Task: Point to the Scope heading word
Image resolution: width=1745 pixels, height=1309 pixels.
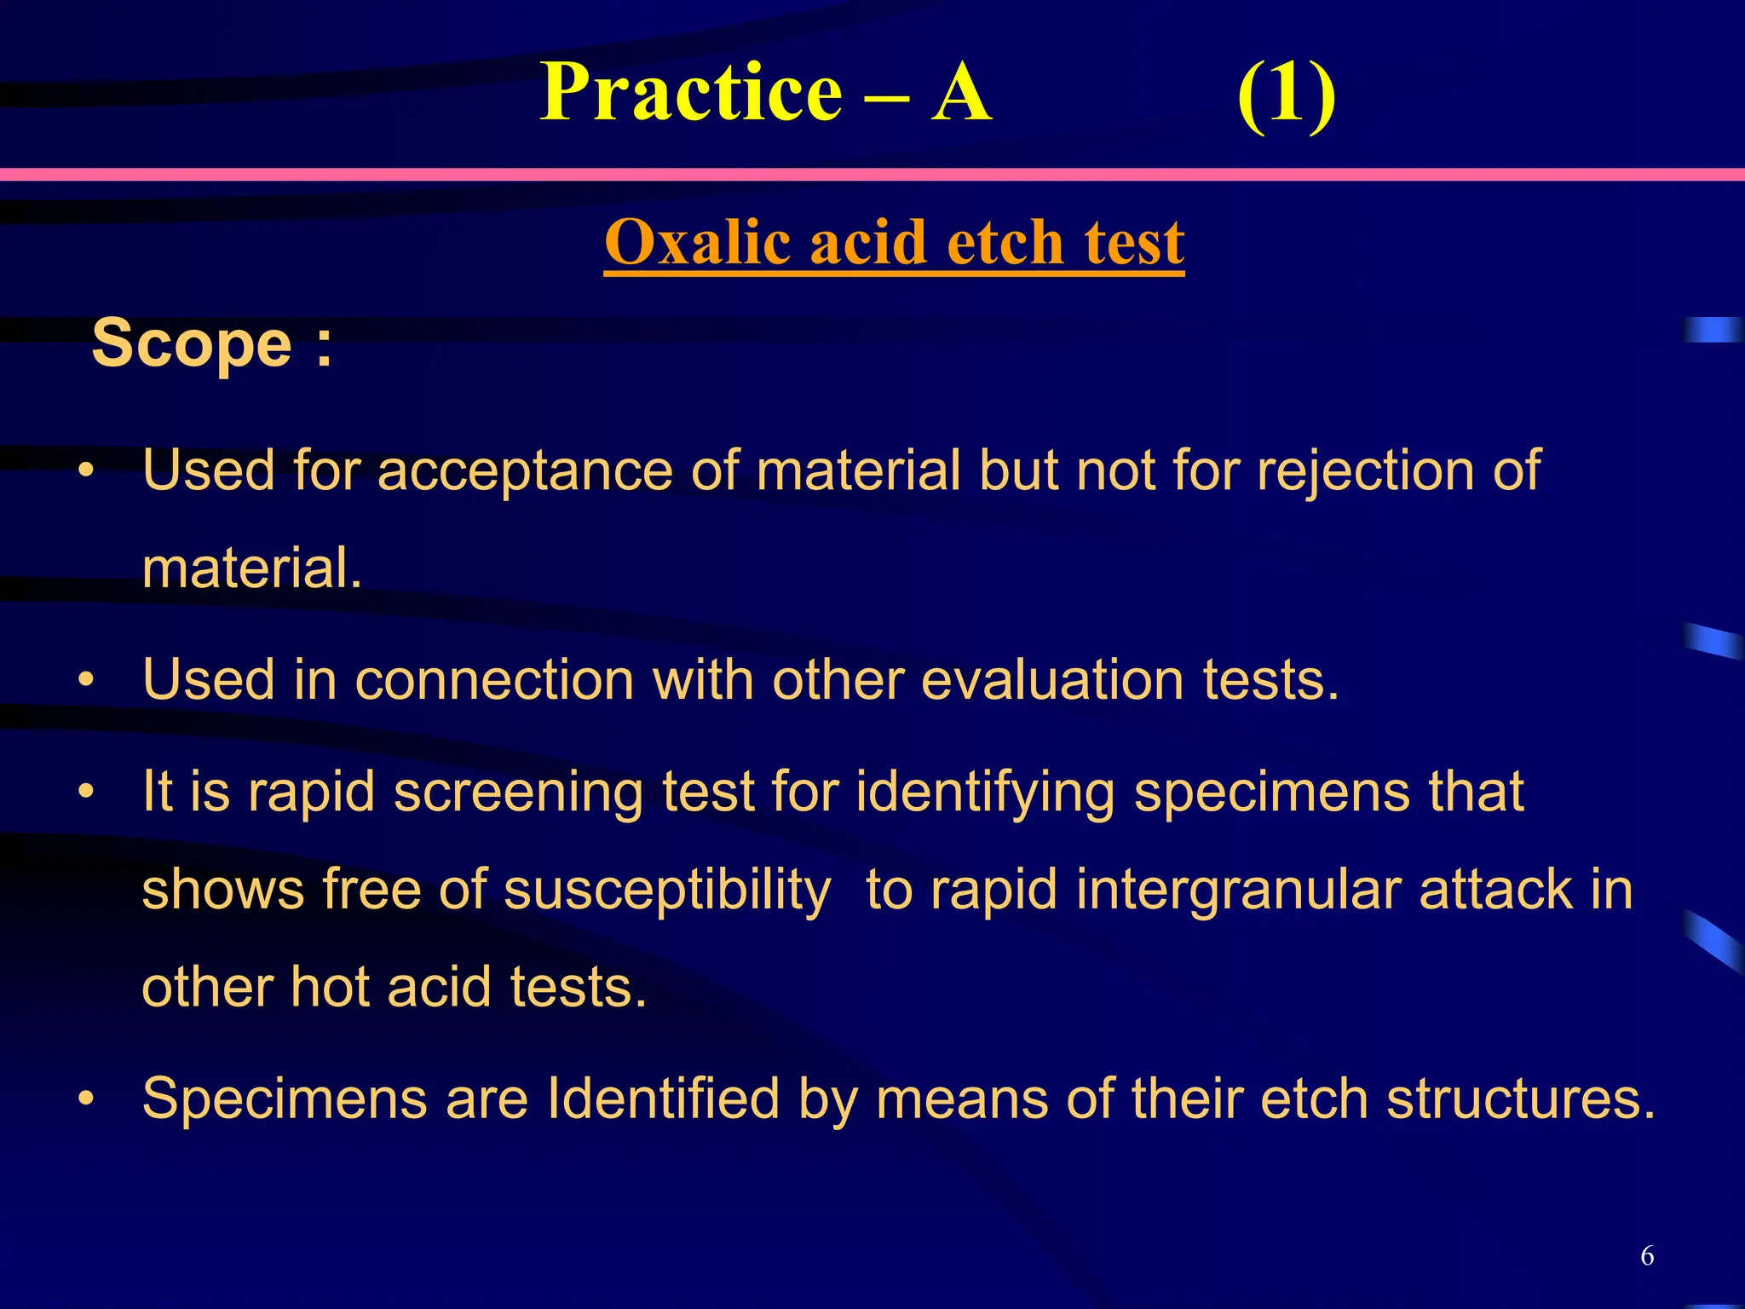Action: (x=192, y=343)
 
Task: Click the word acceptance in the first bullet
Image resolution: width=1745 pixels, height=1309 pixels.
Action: (x=525, y=470)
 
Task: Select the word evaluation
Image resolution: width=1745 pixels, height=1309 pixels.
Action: (x=1052, y=680)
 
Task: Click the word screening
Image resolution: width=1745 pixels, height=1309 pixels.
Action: (x=518, y=792)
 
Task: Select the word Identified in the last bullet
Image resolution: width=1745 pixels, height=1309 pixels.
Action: (x=663, y=1098)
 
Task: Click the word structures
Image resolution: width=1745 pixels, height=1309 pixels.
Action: (x=1521, y=1098)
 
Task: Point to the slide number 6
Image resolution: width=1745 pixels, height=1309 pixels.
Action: (x=1647, y=1255)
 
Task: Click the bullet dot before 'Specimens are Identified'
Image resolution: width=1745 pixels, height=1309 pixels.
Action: (x=85, y=1099)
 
